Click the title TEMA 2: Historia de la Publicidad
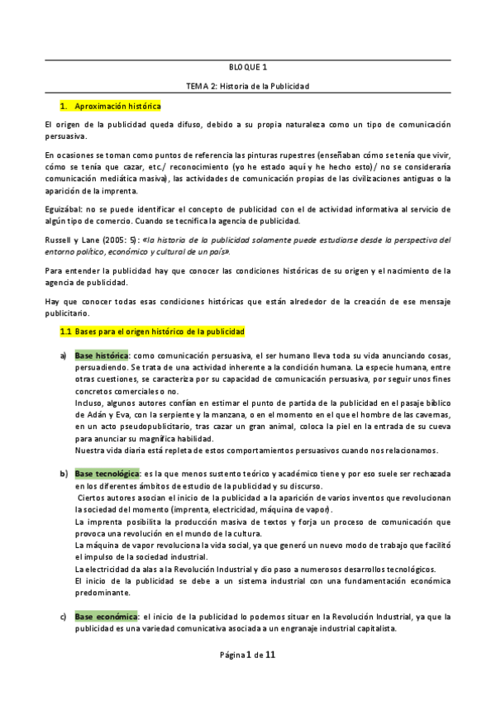click(248, 86)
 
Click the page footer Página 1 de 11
click(248, 677)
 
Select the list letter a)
click(63, 355)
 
